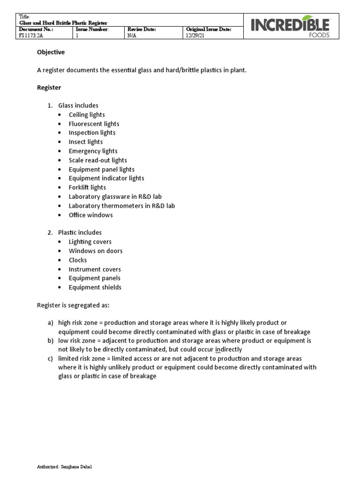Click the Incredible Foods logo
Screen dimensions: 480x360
click(x=291, y=26)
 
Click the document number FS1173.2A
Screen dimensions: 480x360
click(x=30, y=36)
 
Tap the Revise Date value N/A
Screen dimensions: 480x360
click(x=132, y=36)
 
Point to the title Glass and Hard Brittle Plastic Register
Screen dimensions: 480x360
click(x=63, y=22)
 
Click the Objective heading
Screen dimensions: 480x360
click(x=51, y=52)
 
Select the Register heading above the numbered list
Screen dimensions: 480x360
click(x=49, y=88)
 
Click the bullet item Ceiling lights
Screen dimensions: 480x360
click(x=87, y=115)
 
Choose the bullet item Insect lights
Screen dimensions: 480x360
click(x=86, y=142)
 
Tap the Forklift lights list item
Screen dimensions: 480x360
click(x=87, y=187)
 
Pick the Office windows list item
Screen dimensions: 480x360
click(x=90, y=215)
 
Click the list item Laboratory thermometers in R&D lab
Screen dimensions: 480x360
click(x=121, y=206)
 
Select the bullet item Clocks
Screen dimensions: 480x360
click(x=78, y=260)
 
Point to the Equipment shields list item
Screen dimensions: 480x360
click(x=95, y=287)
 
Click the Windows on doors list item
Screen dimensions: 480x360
click(x=96, y=251)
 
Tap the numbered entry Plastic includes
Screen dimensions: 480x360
click(x=80, y=232)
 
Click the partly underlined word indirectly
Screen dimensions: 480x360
click(x=228, y=350)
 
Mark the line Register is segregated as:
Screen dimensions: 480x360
click(x=73, y=306)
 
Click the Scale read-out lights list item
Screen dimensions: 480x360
click(x=97, y=160)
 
